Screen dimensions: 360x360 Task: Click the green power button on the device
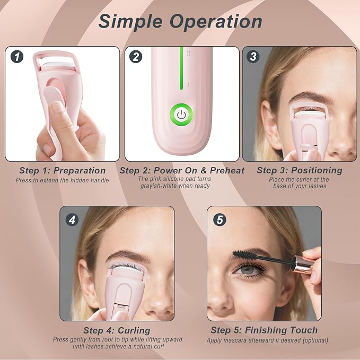(x=181, y=115)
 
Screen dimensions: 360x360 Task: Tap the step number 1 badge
(x=17, y=57)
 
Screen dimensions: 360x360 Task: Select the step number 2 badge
(x=136, y=57)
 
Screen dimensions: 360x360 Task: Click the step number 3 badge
(x=253, y=57)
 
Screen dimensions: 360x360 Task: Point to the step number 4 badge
(x=72, y=220)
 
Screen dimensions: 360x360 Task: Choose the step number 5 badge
(x=219, y=219)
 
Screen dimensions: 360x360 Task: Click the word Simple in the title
(x=130, y=22)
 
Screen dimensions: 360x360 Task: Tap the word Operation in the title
(x=216, y=22)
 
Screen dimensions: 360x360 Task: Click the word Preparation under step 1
(x=80, y=171)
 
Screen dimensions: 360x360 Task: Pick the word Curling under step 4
(x=134, y=331)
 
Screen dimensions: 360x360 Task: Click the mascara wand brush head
(x=244, y=255)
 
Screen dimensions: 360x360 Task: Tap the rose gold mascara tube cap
(x=303, y=264)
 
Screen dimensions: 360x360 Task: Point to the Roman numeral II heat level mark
(x=189, y=54)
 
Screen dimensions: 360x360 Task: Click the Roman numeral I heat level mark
(x=189, y=84)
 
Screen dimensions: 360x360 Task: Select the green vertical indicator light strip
(x=181, y=68)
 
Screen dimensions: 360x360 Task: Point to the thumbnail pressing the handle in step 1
(x=57, y=108)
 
